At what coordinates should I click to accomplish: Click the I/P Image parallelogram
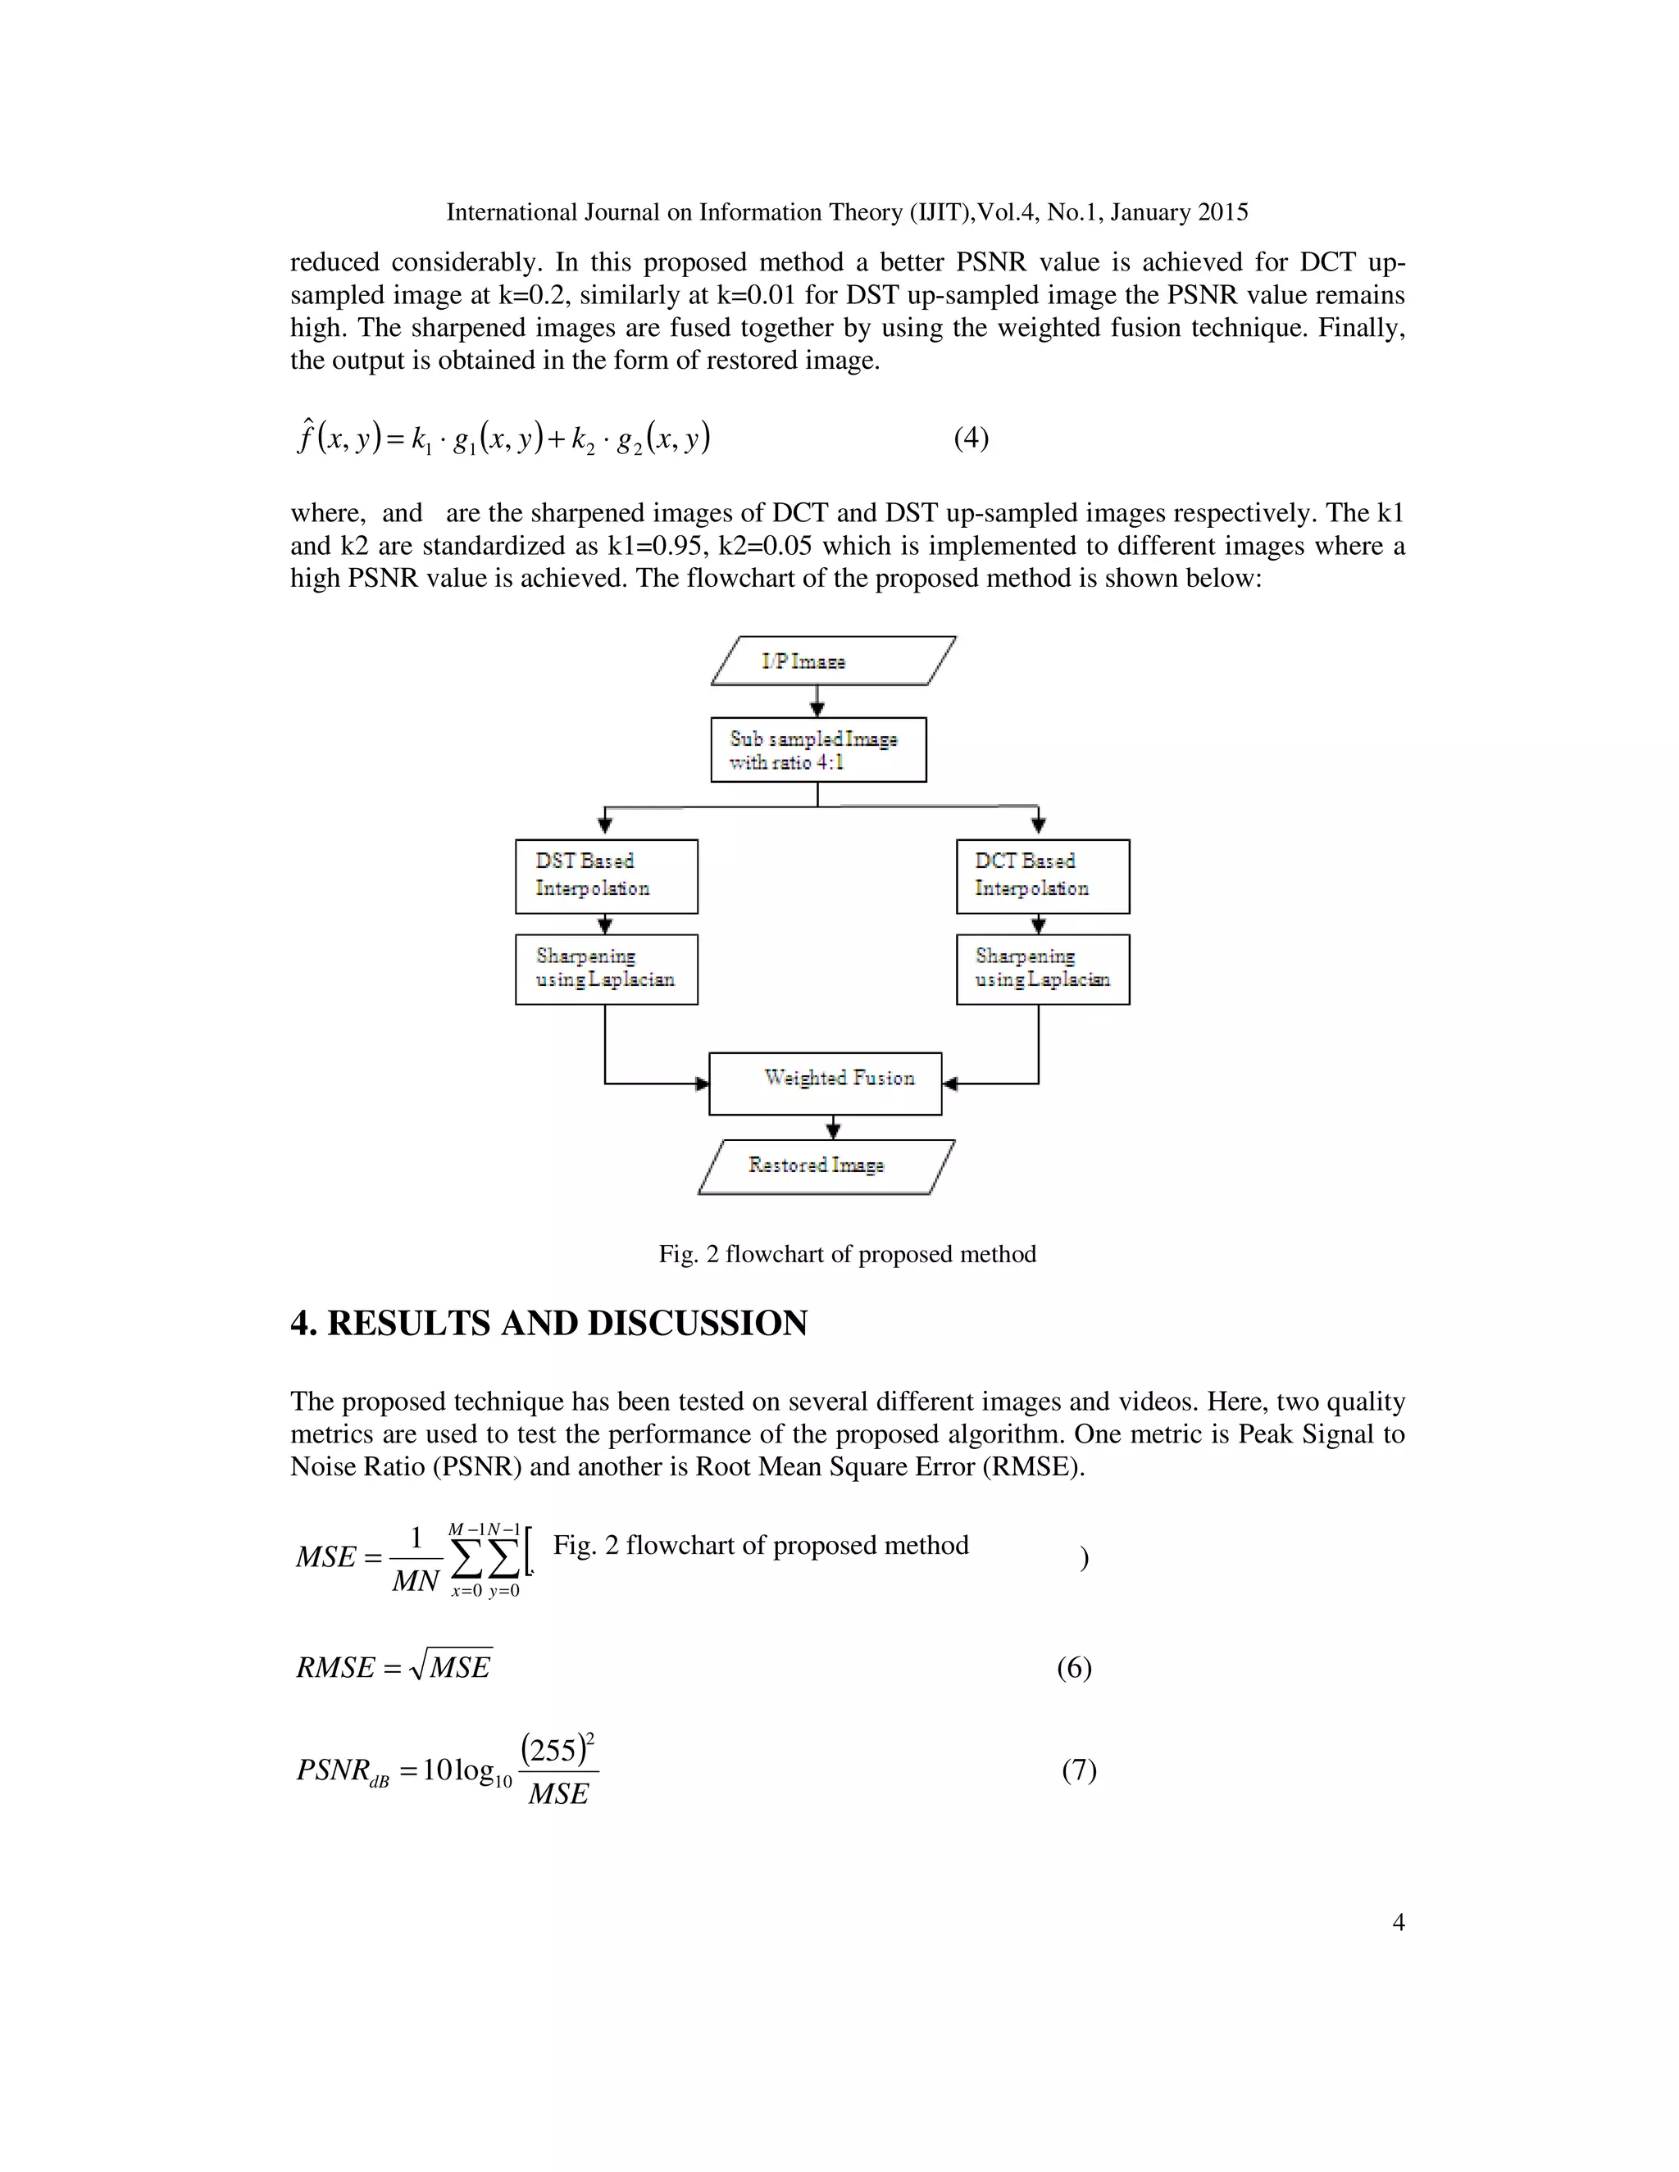(834, 661)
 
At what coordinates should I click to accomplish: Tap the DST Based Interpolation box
(606, 876)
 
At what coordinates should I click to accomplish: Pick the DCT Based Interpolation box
(1043, 876)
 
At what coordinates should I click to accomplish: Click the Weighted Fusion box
(825, 1083)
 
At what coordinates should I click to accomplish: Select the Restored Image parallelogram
(826, 1166)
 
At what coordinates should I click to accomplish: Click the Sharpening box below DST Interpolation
(606, 969)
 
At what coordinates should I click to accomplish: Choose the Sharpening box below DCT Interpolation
(1043, 969)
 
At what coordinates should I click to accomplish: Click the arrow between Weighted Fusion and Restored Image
(834, 1127)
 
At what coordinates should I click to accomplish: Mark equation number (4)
(971, 438)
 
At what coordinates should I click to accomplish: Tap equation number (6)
(1073, 1667)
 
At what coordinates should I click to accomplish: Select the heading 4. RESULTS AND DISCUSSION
(548, 1323)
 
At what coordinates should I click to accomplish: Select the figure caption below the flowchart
(846, 1254)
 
